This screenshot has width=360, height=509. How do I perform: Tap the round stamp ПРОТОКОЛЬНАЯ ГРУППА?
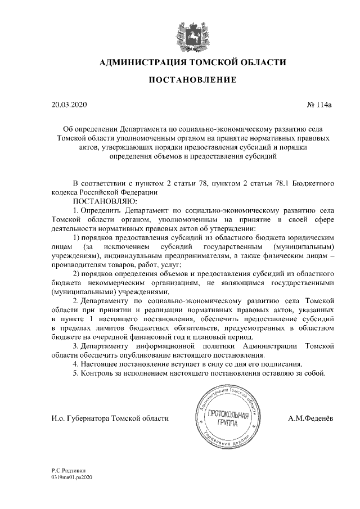pos(223,418)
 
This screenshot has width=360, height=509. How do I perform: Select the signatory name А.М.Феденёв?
pos(310,418)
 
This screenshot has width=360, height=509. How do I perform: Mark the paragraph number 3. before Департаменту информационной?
pos(76,347)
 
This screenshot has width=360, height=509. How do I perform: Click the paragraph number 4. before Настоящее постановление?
pos(76,364)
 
